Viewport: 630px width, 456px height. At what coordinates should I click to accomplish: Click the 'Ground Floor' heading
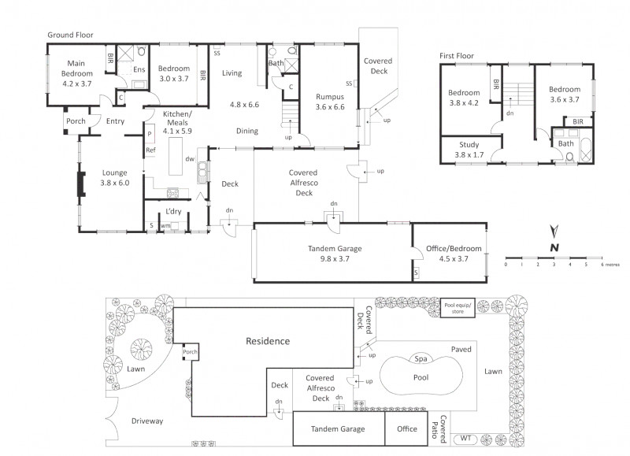70,35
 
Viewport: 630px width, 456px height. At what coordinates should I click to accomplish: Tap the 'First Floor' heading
457,56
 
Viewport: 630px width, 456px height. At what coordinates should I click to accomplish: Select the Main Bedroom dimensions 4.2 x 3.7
76,83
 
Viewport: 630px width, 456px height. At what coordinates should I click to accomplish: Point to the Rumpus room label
330,97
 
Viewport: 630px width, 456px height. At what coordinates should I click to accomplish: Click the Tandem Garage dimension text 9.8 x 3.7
335,259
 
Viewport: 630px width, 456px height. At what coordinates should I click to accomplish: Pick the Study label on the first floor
469,145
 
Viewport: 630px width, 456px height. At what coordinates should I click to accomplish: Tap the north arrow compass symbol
554,232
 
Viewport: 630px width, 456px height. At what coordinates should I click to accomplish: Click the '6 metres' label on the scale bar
610,265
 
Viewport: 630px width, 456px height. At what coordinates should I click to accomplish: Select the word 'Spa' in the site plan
421,359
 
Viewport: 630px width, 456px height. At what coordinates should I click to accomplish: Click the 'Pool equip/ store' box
458,308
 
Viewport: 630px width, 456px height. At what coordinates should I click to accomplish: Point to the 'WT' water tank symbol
465,439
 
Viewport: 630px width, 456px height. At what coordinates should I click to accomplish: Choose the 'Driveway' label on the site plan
147,421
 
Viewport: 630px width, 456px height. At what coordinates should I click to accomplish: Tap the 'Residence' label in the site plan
268,341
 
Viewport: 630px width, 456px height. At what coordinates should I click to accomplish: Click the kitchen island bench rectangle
176,156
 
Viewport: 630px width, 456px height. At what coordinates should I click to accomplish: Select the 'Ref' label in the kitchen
150,150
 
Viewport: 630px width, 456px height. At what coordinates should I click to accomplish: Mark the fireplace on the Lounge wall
81,184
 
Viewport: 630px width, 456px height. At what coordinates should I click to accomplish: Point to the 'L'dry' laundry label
173,211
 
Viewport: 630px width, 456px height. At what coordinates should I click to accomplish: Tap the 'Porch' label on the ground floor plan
76,121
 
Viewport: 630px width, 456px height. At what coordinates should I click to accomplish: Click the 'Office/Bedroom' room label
454,249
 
